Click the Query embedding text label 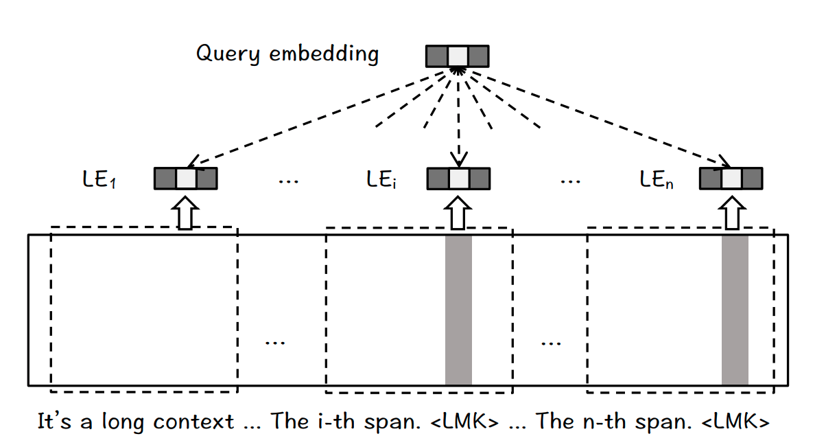point(287,54)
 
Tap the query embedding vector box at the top point(458,56)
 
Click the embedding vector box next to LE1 point(185,179)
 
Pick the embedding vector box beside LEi point(458,179)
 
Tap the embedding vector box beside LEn point(731,179)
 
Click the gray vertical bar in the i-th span point(458,310)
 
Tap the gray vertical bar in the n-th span point(735,310)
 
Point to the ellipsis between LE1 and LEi point(288,181)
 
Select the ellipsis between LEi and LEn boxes point(569,181)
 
